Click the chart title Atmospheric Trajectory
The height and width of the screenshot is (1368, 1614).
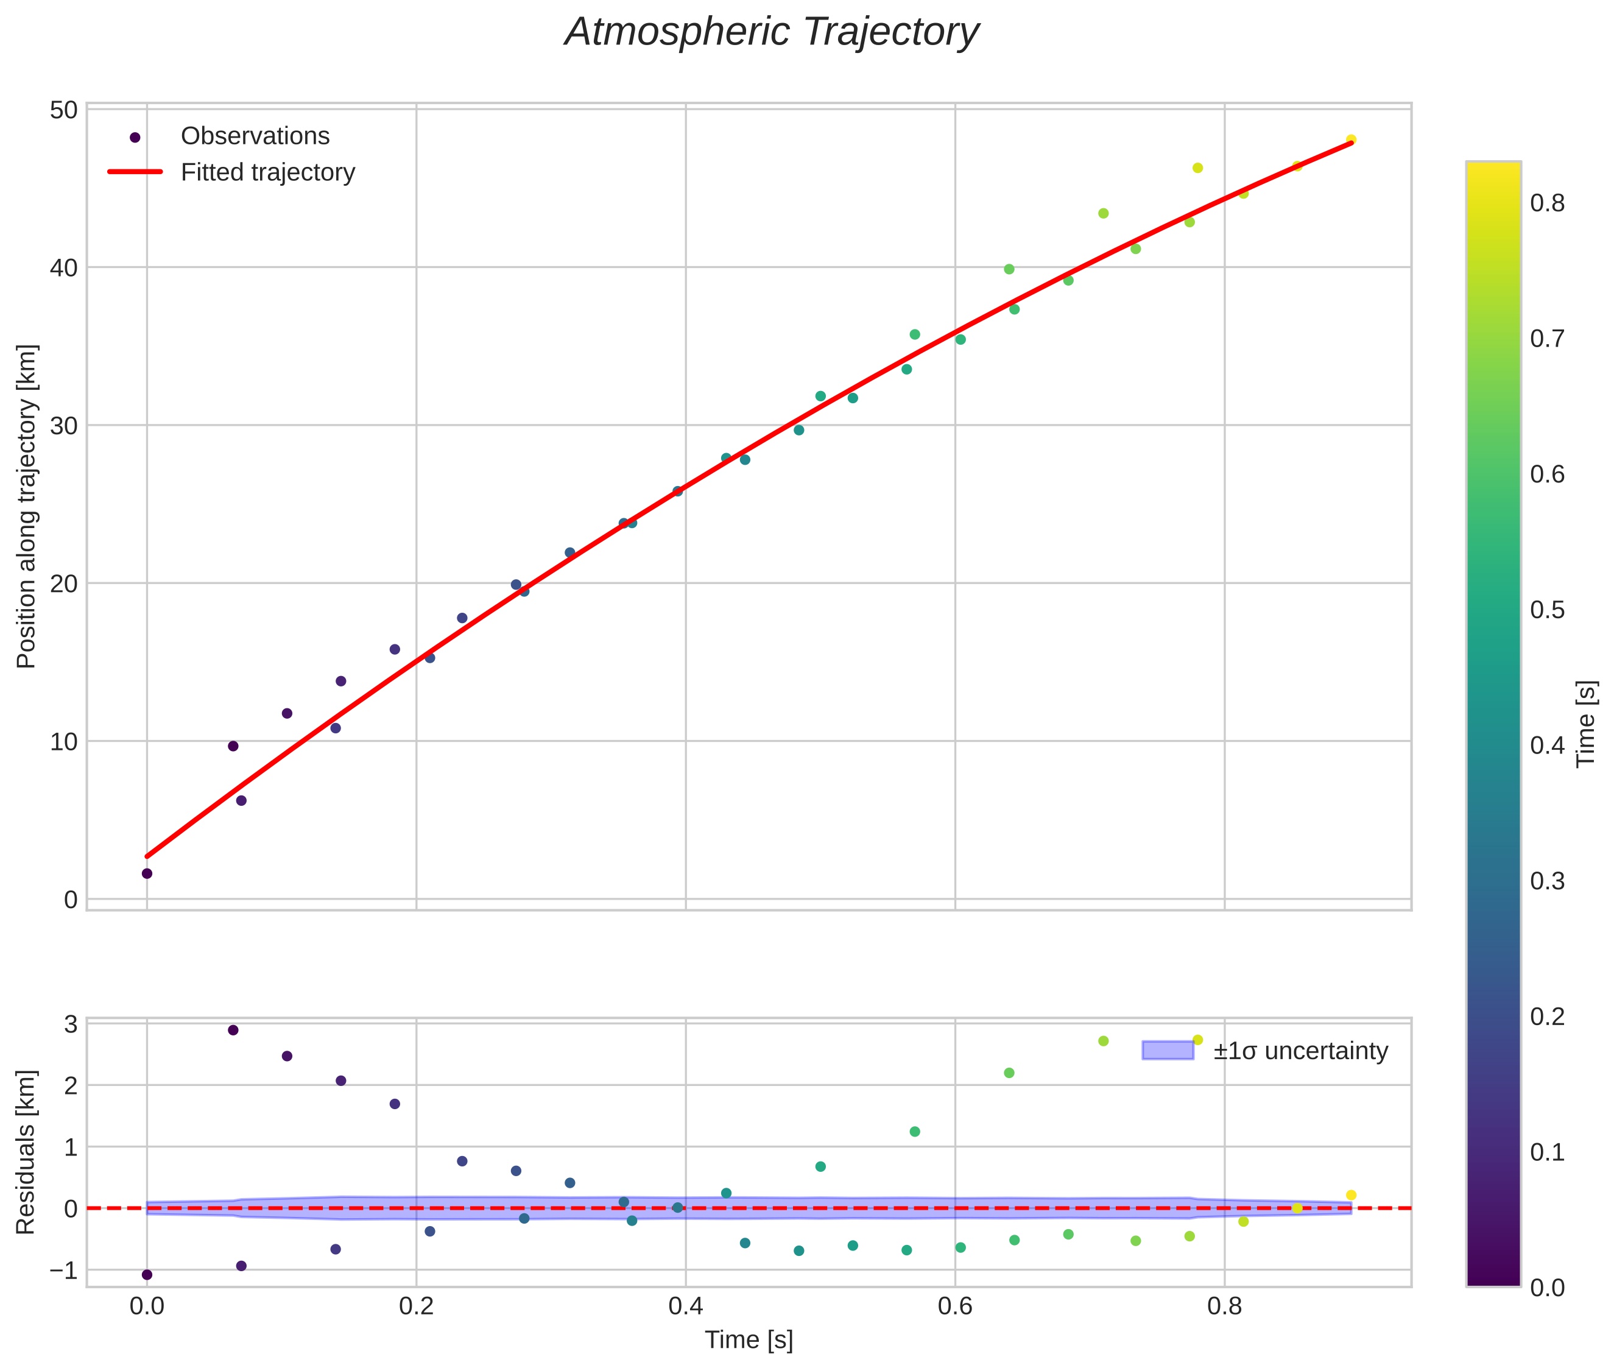[771, 32]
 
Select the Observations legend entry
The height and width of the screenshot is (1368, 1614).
[255, 136]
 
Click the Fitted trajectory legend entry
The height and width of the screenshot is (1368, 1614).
[267, 172]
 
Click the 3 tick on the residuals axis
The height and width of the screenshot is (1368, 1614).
[71, 1024]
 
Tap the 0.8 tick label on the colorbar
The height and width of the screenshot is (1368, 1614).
[1546, 203]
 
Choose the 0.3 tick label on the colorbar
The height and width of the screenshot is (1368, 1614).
[1546, 881]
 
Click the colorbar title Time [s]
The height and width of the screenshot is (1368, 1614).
[1587, 724]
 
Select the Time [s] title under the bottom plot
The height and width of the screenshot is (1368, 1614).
[749, 1340]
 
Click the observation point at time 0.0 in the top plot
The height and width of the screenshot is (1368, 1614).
[147, 874]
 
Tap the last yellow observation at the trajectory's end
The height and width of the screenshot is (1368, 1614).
[1351, 139]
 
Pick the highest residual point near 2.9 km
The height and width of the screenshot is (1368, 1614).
[233, 1030]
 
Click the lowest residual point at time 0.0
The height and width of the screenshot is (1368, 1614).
[147, 1275]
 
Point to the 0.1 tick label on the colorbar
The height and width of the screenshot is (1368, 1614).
[1546, 1152]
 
